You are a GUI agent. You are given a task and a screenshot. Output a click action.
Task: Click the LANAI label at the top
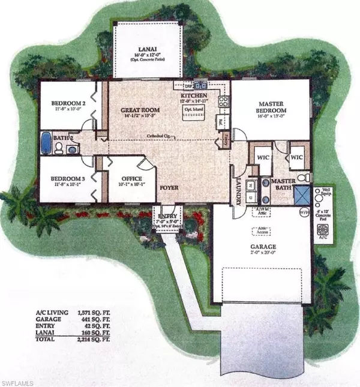click(156, 52)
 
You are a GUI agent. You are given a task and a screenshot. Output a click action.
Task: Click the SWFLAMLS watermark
click(19, 380)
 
